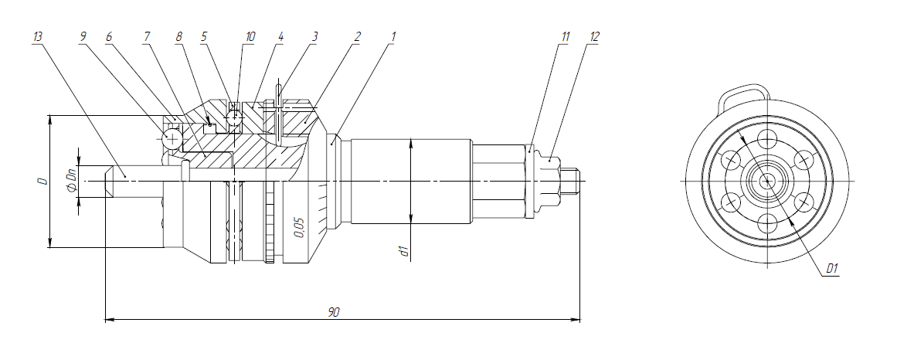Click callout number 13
(39, 36)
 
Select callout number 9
(83, 36)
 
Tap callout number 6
(109, 36)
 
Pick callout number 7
(147, 36)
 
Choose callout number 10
(250, 36)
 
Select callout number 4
(280, 36)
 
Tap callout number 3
(314, 36)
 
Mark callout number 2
(356, 36)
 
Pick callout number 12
(593, 36)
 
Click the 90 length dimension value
(334, 312)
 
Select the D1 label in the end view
(832, 269)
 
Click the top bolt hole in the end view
(767, 140)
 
